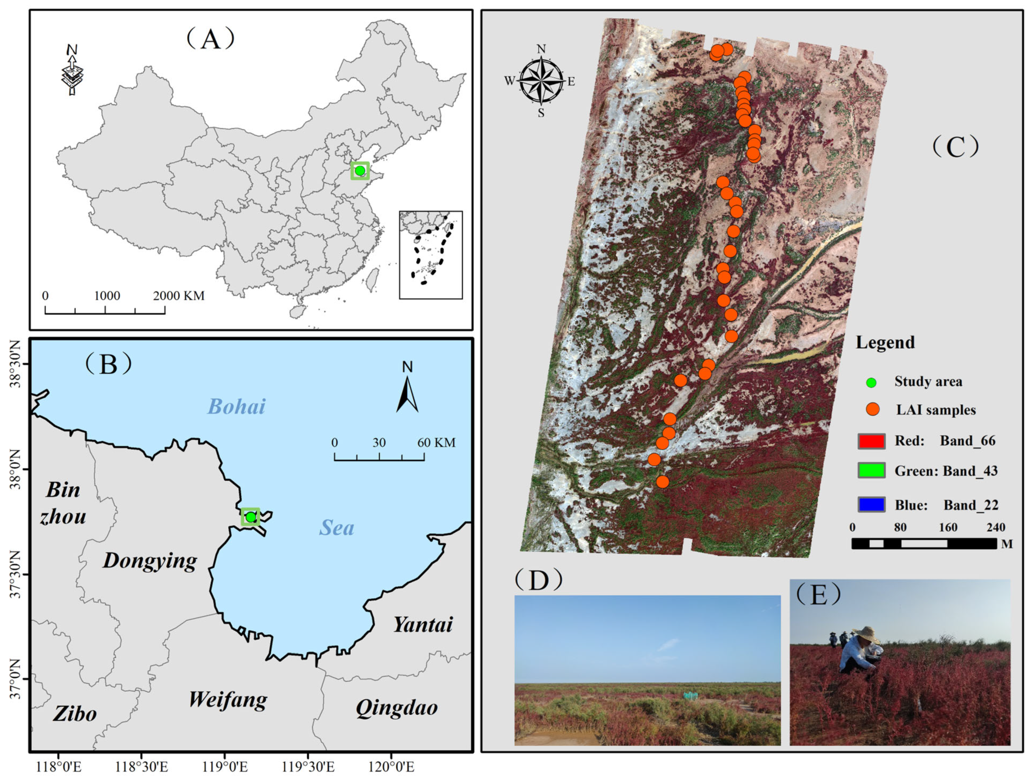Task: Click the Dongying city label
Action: point(150,561)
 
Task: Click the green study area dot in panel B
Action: point(251,517)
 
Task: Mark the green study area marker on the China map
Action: point(360,171)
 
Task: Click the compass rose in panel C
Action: point(541,81)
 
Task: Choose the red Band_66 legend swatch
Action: point(871,441)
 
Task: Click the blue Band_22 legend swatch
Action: point(871,505)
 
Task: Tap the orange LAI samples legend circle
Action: point(872,409)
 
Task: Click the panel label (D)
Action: point(538,580)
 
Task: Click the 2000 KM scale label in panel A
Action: point(179,296)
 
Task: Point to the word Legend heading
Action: point(885,343)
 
